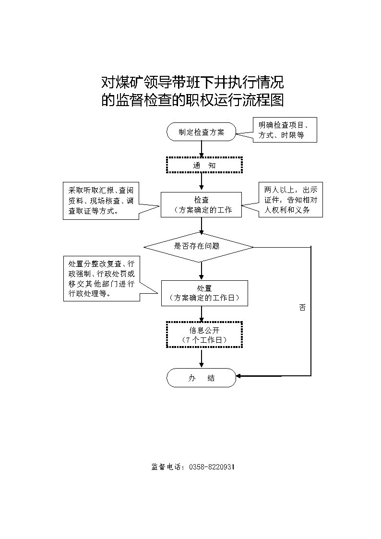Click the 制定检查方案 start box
(x=201, y=132)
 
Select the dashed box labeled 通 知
(x=204, y=165)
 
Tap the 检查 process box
(x=201, y=204)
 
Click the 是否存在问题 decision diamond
(x=198, y=247)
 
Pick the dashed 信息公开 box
(x=204, y=335)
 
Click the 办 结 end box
(x=201, y=378)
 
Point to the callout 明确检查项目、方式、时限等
(x=285, y=130)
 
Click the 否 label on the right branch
(x=302, y=308)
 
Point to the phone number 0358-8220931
(x=212, y=467)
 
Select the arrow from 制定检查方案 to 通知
(x=201, y=149)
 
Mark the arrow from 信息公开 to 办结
(x=201, y=359)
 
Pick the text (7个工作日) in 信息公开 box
(x=204, y=340)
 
